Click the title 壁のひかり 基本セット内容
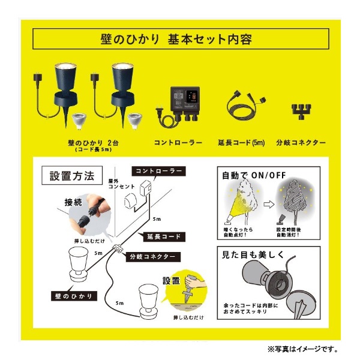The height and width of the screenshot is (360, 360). (x=176, y=39)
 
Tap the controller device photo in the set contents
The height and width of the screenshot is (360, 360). (x=178, y=106)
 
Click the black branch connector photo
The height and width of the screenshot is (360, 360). (x=301, y=111)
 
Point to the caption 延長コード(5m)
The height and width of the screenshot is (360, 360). (x=241, y=143)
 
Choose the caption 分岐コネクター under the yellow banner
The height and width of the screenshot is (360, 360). (x=301, y=143)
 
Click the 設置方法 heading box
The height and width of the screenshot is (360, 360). (x=72, y=175)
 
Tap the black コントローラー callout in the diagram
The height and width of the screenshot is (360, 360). (x=158, y=171)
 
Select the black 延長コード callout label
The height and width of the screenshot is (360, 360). (x=164, y=237)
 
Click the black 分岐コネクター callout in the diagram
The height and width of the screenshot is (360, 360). (x=153, y=256)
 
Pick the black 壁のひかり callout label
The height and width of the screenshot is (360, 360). (x=74, y=296)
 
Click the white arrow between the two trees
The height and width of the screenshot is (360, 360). (x=269, y=204)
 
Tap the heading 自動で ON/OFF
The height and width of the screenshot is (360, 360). (x=254, y=176)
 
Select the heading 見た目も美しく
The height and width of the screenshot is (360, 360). (x=253, y=255)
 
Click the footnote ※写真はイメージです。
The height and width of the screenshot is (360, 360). (x=302, y=349)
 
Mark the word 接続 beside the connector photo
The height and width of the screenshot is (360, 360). (x=73, y=203)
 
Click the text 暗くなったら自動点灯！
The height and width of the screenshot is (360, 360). (x=238, y=232)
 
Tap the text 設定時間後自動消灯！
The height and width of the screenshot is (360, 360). (x=289, y=232)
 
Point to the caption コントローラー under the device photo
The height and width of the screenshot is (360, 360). (x=178, y=143)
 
